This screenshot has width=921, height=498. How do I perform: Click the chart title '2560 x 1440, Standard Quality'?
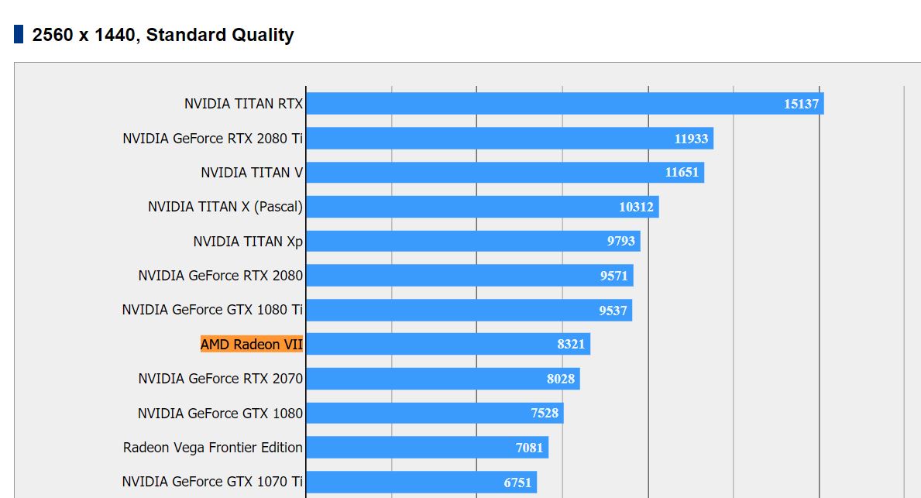[x=163, y=35]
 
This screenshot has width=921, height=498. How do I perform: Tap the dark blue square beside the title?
[x=19, y=34]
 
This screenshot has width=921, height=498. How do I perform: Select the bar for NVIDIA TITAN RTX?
[x=542, y=104]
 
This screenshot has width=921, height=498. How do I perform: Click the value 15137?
[x=801, y=104]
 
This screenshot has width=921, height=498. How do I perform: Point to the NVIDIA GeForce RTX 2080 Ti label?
[x=212, y=139]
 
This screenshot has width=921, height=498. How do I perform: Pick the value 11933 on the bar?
[x=691, y=139]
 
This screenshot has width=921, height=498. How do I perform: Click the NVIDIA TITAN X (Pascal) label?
[x=225, y=207]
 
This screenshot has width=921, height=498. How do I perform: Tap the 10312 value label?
[x=636, y=207]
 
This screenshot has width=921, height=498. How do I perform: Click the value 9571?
[x=613, y=276]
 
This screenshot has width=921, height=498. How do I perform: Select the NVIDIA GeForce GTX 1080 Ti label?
[x=212, y=310]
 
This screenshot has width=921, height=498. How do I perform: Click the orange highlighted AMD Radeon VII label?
[x=252, y=344]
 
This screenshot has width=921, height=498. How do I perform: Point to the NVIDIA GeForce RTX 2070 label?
[x=220, y=379]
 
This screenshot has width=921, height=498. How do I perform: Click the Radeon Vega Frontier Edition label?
[x=213, y=447]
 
